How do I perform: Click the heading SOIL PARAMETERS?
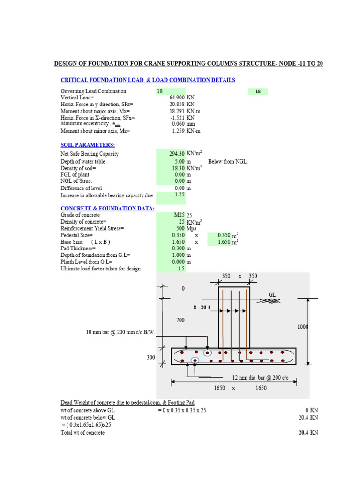88,145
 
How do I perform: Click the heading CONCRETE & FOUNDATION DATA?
107,208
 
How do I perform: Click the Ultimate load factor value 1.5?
180,269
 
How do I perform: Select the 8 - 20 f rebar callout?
202,307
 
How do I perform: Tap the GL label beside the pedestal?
272,294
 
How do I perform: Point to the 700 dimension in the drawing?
180,320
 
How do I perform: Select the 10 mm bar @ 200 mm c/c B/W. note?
120,332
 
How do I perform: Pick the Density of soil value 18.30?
178,168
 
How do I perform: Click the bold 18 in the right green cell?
258,92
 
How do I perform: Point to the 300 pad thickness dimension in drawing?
150,357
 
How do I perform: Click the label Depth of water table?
83,161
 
